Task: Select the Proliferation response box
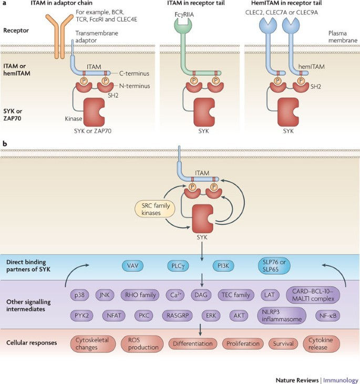(242, 344)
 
